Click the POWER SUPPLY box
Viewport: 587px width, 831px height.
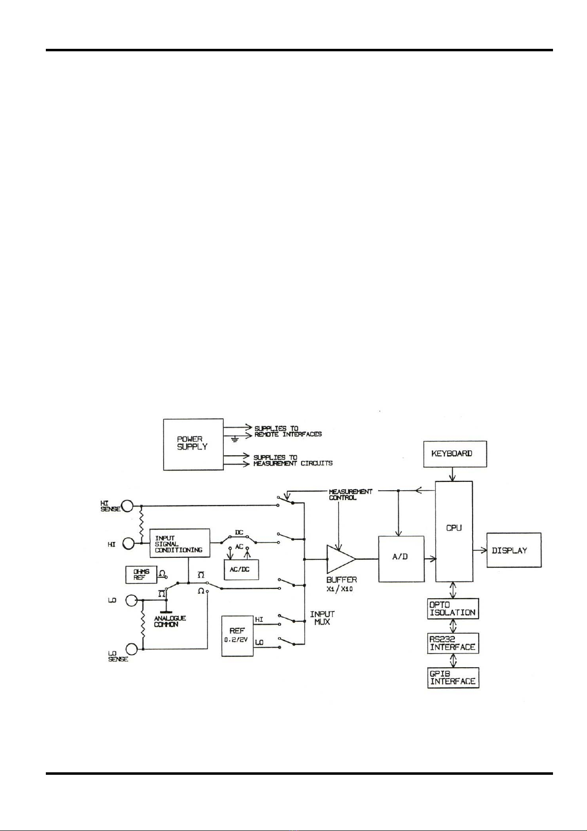(193, 444)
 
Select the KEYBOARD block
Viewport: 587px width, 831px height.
(455, 454)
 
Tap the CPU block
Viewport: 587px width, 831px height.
(454, 531)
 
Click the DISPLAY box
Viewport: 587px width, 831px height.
(514, 550)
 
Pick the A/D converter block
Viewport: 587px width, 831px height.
(401, 559)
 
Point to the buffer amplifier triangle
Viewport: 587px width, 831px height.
(340, 559)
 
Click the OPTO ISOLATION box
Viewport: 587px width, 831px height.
(453, 609)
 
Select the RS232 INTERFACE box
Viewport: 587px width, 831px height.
(453, 643)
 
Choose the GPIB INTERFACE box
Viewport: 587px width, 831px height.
(453, 678)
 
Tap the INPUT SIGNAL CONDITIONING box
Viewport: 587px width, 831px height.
(179, 543)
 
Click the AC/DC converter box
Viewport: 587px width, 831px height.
(241, 570)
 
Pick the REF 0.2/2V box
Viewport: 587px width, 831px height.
(237, 635)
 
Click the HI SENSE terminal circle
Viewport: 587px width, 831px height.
(128, 506)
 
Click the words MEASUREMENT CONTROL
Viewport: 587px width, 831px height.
(350, 495)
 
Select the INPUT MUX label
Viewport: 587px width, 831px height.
(322, 618)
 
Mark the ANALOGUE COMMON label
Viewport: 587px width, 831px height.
(170, 621)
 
